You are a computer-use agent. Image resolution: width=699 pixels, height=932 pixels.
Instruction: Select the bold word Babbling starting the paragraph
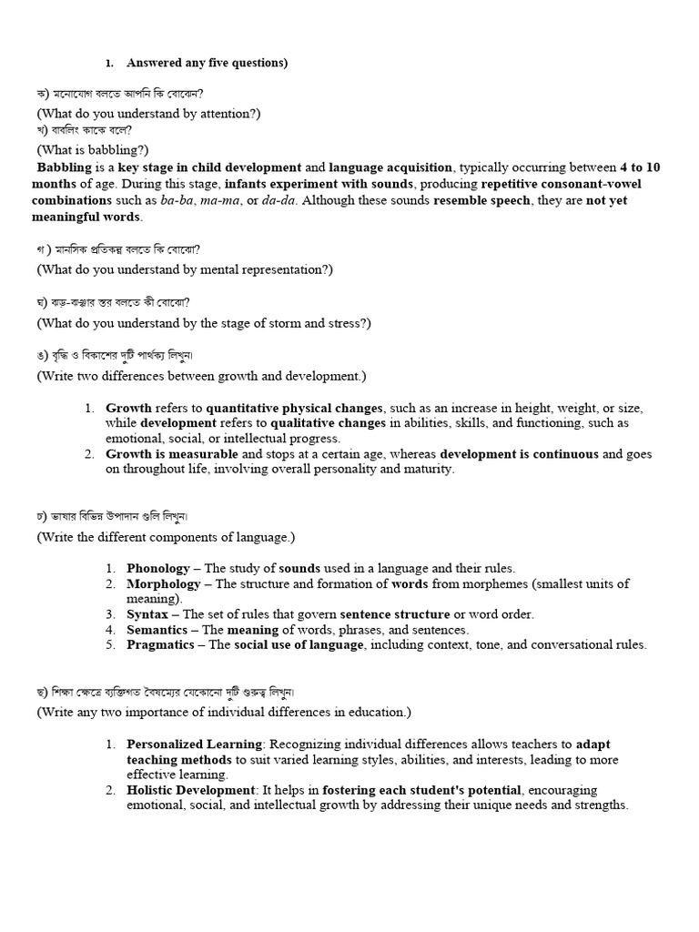64,167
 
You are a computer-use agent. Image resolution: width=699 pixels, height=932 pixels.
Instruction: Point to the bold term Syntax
147,614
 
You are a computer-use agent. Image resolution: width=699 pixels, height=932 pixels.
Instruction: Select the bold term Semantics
157,630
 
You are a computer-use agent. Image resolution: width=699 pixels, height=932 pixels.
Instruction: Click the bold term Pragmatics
160,644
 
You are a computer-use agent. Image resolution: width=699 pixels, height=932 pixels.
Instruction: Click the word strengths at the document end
597,805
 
